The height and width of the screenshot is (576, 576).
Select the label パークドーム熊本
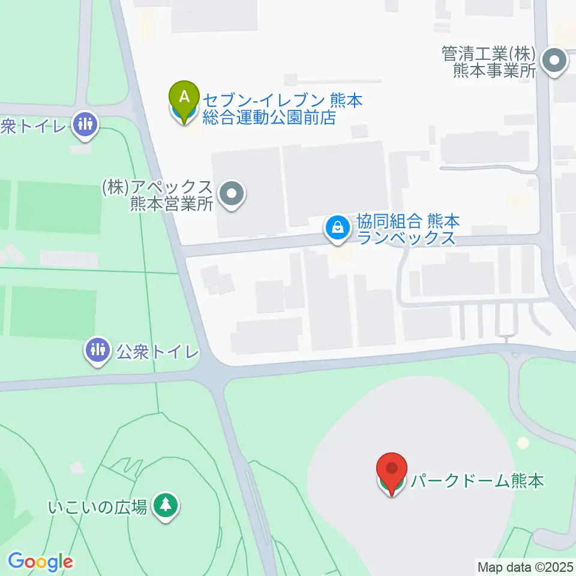(x=477, y=481)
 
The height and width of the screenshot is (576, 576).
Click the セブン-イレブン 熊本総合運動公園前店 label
(x=283, y=109)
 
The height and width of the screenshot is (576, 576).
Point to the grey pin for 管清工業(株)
(x=555, y=61)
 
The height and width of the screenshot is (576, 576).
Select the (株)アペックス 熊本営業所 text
(x=158, y=196)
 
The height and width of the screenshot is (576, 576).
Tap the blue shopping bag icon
(x=338, y=228)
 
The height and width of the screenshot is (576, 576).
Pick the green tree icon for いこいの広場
(x=165, y=505)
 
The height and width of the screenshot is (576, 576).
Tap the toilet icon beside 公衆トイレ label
(x=97, y=350)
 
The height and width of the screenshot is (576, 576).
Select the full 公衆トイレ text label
(x=157, y=351)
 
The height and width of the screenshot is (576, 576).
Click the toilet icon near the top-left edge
(x=84, y=125)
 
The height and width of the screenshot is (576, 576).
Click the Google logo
(x=40, y=561)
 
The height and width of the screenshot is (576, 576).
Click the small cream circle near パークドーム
(x=523, y=443)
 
